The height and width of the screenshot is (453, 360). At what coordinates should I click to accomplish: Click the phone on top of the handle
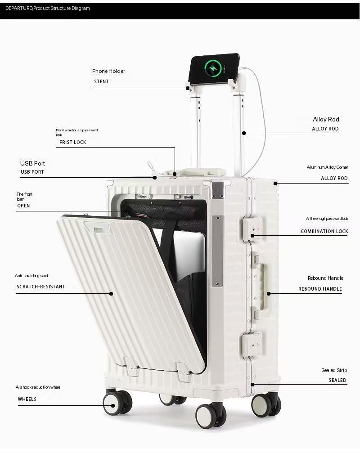coord(214,68)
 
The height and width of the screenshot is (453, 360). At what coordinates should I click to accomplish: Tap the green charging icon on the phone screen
coord(213,68)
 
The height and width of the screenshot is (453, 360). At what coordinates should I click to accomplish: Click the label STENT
coord(101,81)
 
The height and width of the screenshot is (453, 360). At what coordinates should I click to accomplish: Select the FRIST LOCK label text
coord(73,142)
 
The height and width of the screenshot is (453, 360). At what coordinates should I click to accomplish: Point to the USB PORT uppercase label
coord(32,172)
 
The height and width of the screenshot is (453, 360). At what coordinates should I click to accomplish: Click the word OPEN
coord(23,206)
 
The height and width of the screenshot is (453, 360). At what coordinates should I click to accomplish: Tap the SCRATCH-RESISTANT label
coord(41,287)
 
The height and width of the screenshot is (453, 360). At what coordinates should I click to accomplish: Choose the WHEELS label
coord(27,399)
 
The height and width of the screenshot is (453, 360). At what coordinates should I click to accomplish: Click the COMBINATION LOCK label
coord(324,231)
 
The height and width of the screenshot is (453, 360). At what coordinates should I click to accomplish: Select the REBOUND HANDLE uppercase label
coord(320,289)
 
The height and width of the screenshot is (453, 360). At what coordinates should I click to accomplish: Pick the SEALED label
coord(337,380)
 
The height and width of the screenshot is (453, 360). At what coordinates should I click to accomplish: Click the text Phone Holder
coord(108,71)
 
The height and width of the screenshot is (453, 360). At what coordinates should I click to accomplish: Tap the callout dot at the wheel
coord(113,406)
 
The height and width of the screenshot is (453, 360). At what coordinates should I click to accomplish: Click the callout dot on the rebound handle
coord(269,293)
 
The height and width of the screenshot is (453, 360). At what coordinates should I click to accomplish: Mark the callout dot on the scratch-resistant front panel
coord(111,293)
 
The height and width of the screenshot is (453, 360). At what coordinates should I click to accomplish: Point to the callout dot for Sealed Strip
coord(252,385)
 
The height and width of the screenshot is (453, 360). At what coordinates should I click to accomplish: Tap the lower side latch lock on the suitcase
coord(252,345)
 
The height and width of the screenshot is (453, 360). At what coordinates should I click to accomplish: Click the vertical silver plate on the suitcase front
coord(217,251)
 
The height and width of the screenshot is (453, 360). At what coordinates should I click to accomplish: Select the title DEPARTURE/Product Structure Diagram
coord(48,9)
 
